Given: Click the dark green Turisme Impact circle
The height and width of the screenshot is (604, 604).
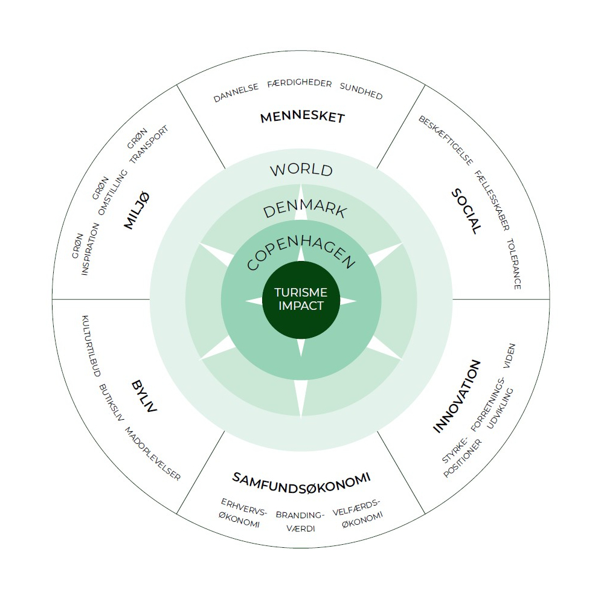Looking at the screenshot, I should click(301, 300).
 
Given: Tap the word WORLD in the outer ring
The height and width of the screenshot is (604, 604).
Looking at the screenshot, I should click(301, 170).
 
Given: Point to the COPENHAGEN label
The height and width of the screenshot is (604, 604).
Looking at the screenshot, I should click(301, 252).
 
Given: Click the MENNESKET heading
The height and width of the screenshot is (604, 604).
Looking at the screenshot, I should click(302, 117).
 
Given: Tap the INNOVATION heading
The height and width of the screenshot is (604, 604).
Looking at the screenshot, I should click(457, 396).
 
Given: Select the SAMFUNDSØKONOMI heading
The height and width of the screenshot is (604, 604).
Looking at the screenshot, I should click(301, 479).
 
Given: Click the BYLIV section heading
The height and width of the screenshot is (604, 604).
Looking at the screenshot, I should click(144, 396).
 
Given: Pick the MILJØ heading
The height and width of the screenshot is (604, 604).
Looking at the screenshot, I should click(137, 210).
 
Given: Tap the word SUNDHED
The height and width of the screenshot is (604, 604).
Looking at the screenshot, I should click(361, 91).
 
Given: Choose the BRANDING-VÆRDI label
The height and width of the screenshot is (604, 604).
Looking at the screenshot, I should click(300, 521).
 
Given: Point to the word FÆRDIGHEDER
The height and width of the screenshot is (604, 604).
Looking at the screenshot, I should click(299, 84).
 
